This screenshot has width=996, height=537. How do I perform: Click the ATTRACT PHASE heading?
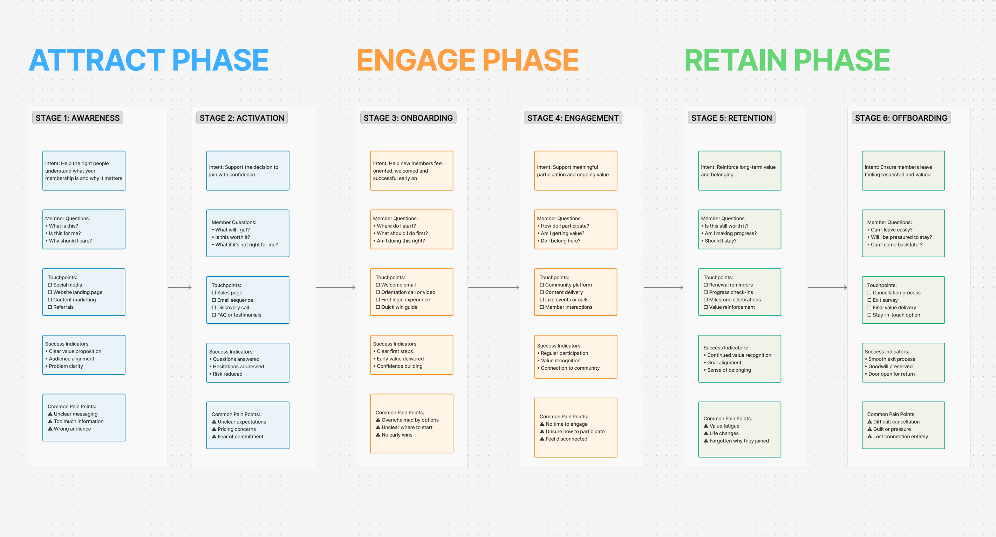(149, 60)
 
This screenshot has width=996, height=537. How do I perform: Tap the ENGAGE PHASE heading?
(468, 60)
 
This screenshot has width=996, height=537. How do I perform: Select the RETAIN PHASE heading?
(787, 60)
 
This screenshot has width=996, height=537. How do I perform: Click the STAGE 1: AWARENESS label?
(78, 118)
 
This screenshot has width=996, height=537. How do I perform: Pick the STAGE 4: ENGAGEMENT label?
(573, 118)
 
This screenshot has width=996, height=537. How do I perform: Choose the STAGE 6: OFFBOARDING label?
(901, 118)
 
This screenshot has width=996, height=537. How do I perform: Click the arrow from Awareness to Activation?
(180, 287)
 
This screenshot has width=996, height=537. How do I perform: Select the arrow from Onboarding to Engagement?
(493, 287)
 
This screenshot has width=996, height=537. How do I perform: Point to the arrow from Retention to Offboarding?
(827, 287)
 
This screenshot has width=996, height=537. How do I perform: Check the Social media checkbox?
(50, 285)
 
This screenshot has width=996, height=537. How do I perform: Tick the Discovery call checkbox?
(214, 307)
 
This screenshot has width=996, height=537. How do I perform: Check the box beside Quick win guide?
(378, 307)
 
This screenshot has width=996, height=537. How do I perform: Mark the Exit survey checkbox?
(869, 300)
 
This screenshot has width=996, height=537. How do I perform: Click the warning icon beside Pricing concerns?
(214, 429)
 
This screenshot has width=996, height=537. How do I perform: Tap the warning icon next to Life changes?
(705, 433)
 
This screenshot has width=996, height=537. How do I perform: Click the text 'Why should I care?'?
(70, 241)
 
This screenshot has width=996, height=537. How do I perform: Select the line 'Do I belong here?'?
(560, 241)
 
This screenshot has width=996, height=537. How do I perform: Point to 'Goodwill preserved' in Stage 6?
(890, 367)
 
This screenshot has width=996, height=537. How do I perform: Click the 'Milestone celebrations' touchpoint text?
(735, 300)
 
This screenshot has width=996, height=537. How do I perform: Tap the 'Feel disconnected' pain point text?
(566, 439)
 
